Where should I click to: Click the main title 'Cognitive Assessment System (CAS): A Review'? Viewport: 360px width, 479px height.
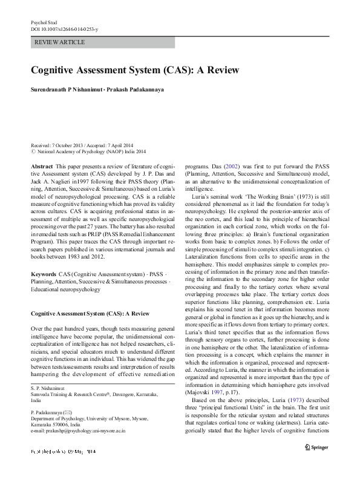click(135, 70)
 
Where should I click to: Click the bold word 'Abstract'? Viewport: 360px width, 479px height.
click(41, 166)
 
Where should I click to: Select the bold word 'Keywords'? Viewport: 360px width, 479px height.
click(44, 274)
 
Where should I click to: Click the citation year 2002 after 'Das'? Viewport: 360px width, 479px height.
click(230, 166)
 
